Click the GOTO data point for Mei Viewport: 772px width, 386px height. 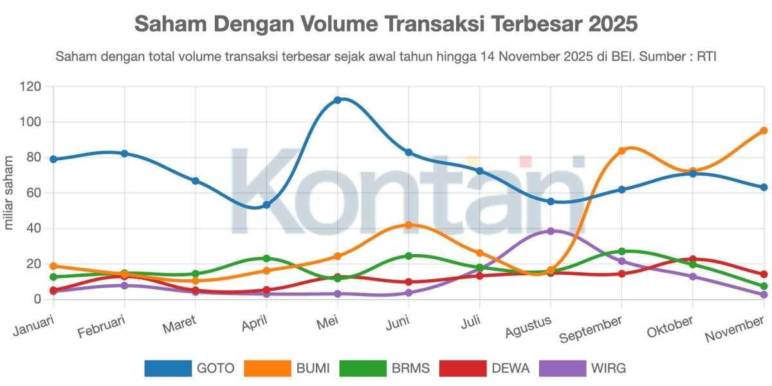(x=338, y=100)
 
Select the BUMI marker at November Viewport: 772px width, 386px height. (x=764, y=131)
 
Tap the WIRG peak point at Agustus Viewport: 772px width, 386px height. (x=551, y=231)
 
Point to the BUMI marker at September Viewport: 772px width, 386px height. (x=621, y=151)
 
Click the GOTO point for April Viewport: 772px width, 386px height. (x=266, y=205)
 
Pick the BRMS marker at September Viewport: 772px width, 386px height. (x=621, y=252)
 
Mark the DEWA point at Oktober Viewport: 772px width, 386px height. (x=693, y=259)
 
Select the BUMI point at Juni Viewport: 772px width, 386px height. (x=409, y=225)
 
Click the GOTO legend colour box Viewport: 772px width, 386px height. (x=168, y=369)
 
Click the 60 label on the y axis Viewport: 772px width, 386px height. (x=32, y=193)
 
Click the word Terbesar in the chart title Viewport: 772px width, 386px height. (x=539, y=24)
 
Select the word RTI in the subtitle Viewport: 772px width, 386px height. (x=706, y=57)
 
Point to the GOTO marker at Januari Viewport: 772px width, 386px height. (x=53, y=159)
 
